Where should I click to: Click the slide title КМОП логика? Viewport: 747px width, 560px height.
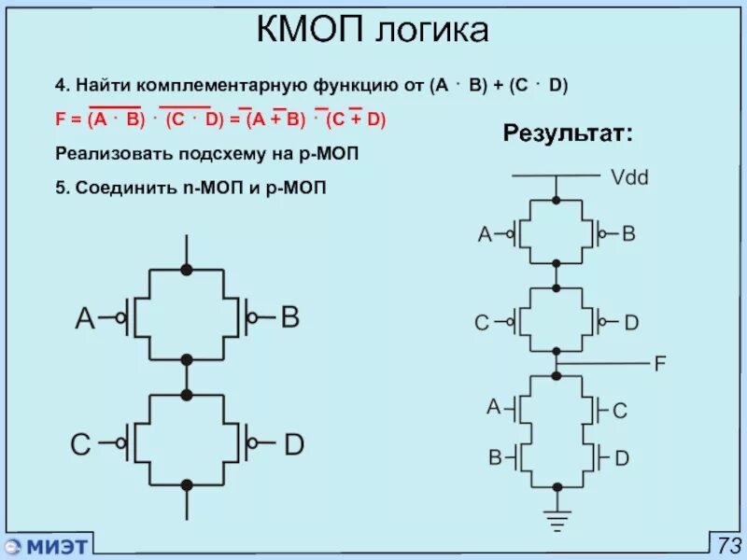[373, 32]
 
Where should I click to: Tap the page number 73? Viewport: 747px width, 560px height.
[728, 544]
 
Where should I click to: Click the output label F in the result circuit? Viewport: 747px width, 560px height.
[659, 364]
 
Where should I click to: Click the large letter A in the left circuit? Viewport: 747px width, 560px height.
[85, 319]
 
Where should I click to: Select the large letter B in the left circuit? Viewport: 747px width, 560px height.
[290, 318]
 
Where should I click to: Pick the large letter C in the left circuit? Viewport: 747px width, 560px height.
[82, 445]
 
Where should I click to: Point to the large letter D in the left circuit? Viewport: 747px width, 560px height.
[293, 445]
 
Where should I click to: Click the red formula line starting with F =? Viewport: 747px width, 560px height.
[220, 119]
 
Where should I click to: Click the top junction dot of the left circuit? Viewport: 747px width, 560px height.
[187, 269]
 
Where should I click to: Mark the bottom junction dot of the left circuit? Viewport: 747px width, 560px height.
[187, 484]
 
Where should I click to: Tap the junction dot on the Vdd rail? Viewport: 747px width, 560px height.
[557, 199]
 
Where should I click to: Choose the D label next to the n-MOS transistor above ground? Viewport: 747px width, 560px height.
[622, 458]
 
